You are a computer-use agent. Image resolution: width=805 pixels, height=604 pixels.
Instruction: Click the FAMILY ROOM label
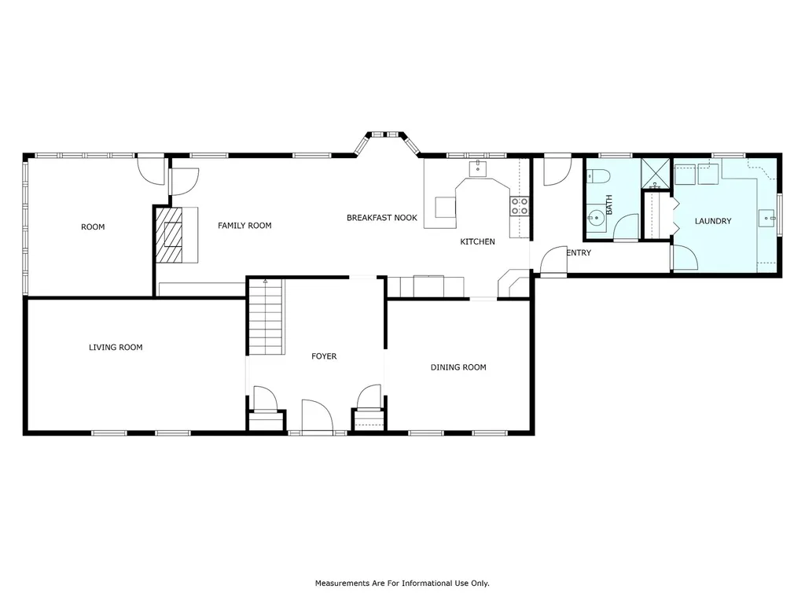(x=244, y=226)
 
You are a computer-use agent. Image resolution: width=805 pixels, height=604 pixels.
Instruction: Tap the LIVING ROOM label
(x=116, y=347)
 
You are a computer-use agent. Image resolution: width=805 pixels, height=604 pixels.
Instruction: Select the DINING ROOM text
(x=458, y=367)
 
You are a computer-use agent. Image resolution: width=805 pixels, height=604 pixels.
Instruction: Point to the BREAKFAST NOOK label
(x=382, y=218)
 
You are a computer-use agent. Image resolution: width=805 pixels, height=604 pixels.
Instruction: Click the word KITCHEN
(x=477, y=241)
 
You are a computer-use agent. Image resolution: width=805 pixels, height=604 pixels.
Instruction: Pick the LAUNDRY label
(x=712, y=221)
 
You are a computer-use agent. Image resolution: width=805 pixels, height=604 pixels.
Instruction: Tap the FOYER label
(x=324, y=356)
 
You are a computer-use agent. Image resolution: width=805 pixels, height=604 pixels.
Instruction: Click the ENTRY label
(x=579, y=252)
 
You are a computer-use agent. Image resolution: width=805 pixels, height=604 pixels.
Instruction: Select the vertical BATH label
(x=609, y=204)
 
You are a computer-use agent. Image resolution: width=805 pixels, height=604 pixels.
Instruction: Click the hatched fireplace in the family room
(x=170, y=234)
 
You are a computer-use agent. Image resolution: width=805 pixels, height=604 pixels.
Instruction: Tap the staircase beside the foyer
(x=266, y=316)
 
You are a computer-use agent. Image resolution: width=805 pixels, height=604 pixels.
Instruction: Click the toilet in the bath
(x=597, y=177)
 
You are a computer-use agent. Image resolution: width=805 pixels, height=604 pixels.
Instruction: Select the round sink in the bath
(x=596, y=218)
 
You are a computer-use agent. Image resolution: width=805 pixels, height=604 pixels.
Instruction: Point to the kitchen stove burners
(x=519, y=206)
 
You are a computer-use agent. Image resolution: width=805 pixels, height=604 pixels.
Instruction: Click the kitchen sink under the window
(x=477, y=168)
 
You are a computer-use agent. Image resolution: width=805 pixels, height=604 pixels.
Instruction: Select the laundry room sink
(x=766, y=219)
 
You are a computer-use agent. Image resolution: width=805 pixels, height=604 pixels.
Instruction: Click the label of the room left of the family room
(x=93, y=227)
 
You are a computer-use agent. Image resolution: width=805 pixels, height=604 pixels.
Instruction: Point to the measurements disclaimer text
(x=402, y=583)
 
